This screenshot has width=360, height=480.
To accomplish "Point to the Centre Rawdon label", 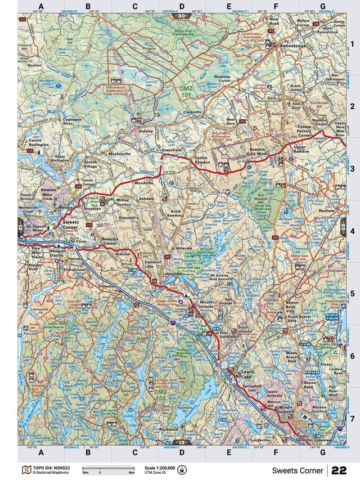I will click(206, 162).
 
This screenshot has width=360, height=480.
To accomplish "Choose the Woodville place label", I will click(144, 183).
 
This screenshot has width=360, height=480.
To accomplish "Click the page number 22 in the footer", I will click(339, 470).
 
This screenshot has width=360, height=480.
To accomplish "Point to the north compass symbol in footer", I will click(181, 470).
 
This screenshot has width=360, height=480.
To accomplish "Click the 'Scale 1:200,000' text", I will click(160, 468).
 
